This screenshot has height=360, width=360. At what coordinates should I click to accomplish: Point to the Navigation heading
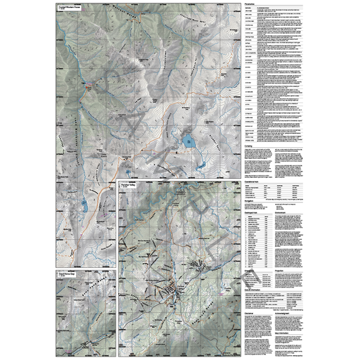pyautogui.click(x=250, y=200)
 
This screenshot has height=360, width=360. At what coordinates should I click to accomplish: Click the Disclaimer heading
pyautogui.click(x=250, y=314)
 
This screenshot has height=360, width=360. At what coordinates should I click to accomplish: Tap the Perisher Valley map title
pyautogui.click(x=129, y=184)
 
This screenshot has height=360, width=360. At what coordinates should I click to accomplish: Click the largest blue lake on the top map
pyautogui.click(x=188, y=141)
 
